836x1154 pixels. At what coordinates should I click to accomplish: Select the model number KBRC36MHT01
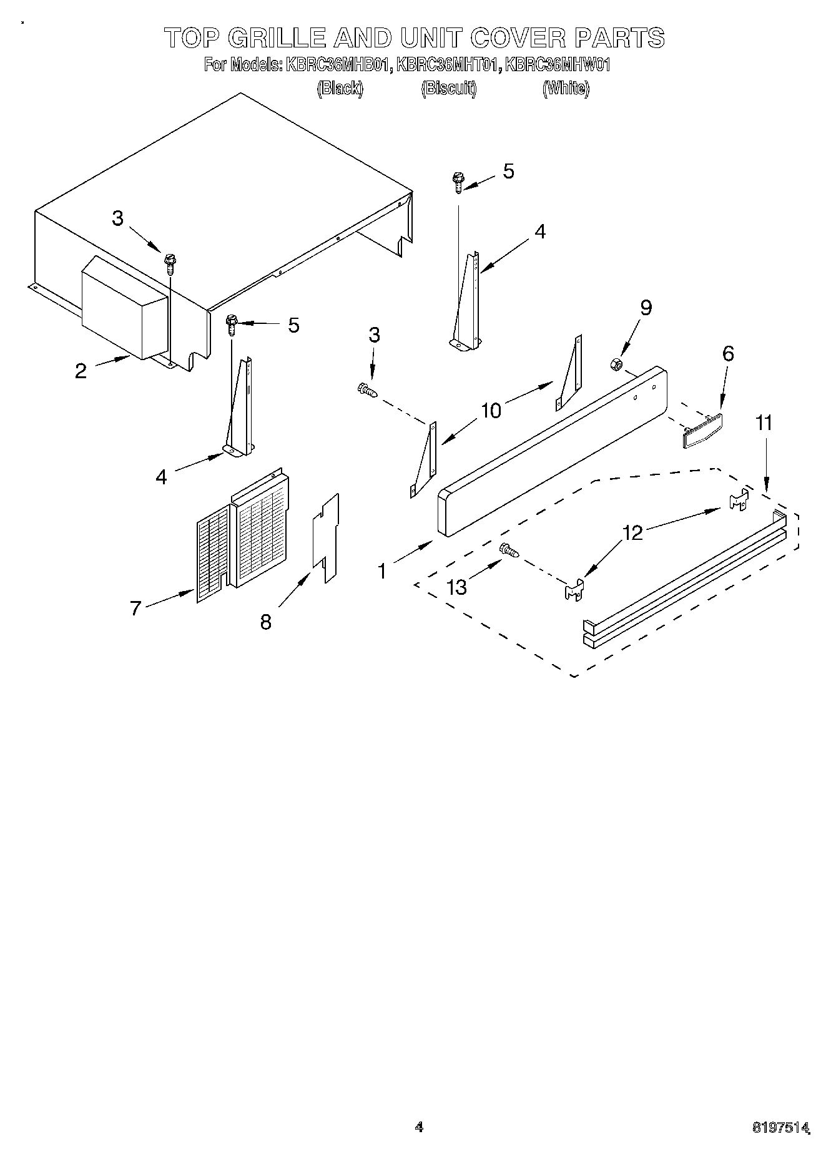click(448, 65)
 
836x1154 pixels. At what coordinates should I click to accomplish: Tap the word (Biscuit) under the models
click(448, 89)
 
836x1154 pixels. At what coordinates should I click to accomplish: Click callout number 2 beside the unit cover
click(81, 371)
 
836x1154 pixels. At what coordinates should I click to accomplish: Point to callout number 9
click(646, 308)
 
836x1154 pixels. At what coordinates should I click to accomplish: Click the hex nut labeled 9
click(614, 363)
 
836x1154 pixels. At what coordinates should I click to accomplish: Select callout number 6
click(728, 354)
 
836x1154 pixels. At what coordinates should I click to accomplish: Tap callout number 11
click(764, 423)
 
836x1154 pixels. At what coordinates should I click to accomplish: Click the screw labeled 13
click(509, 550)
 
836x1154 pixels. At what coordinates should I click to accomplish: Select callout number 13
click(458, 587)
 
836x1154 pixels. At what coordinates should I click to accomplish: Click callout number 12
click(633, 532)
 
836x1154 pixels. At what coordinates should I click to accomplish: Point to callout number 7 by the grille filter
click(135, 607)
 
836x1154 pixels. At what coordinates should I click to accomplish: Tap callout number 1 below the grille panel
click(382, 570)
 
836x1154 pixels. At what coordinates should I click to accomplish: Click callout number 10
click(491, 411)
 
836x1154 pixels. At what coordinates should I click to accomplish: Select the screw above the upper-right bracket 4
click(458, 182)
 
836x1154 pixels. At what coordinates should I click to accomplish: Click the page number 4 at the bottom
click(419, 1127)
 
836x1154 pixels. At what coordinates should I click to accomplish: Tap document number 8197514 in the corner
click(782, 1127)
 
